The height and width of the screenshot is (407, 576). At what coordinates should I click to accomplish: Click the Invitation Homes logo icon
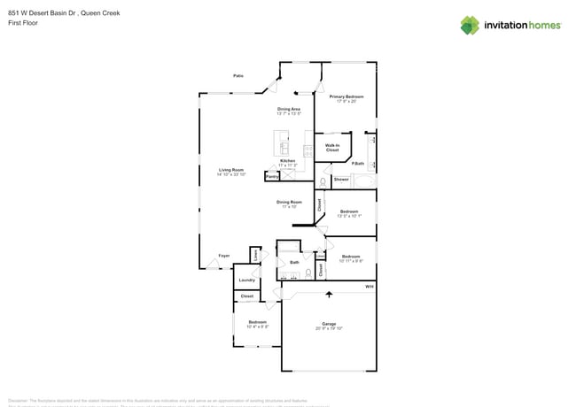tap(470, 25)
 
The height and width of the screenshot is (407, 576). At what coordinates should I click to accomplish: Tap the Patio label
tap(238, 76)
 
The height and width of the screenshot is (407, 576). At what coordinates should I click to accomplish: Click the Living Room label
tap(232, 169)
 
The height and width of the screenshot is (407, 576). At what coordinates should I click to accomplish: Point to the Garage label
tap(328, 324)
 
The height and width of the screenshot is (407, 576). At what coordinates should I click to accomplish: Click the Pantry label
tap(271, 177)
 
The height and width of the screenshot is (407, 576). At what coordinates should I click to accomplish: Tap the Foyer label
tap(224, 256)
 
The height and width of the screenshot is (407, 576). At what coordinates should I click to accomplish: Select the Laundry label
tap(246, 280)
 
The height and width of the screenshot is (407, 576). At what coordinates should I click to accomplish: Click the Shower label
tap(342, 180)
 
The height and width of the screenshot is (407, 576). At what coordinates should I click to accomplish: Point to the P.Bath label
tap(358, 163)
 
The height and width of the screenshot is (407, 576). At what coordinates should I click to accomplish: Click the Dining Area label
tap(289, 109)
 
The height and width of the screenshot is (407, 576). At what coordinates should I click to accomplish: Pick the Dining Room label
tap(289, 202)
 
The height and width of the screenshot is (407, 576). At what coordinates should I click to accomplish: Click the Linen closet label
tap(254, 255)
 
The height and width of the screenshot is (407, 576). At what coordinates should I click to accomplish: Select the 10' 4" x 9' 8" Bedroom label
tap(257, 322)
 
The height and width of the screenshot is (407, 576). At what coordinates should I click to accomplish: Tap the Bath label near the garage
tap(294, 262)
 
